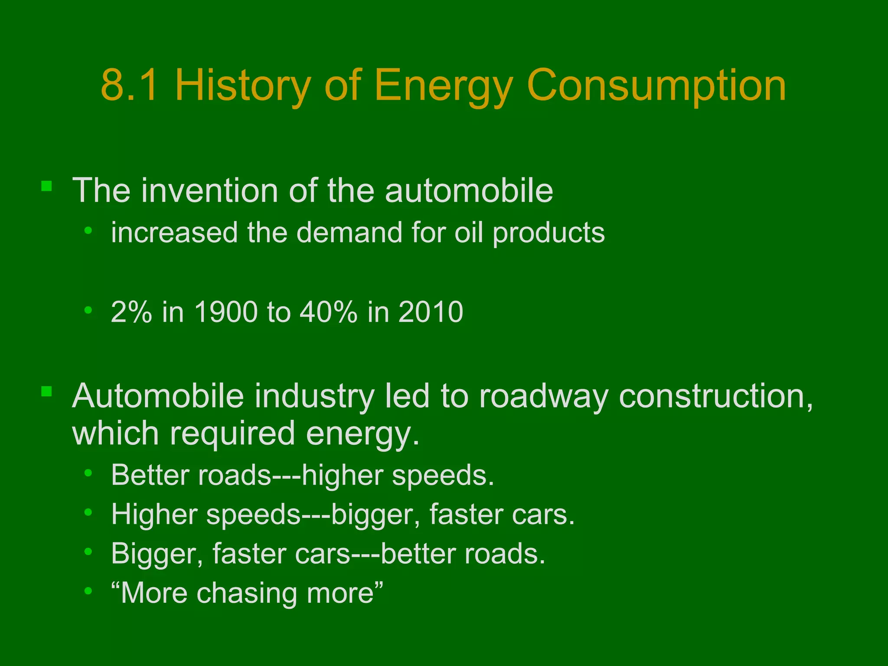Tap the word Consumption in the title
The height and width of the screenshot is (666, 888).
pos(656,86)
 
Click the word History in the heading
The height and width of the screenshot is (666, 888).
pos(243,86)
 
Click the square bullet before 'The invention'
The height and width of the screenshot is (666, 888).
pos(46,186)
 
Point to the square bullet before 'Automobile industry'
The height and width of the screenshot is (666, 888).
pos(46,392)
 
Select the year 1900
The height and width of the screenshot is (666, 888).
pos(225,312)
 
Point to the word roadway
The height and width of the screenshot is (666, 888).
pos(544,396)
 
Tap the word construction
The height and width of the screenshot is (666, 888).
pos(715,396)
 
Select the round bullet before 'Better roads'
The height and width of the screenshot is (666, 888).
pos(88,473)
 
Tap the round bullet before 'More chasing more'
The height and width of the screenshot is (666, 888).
pos(88,591)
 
